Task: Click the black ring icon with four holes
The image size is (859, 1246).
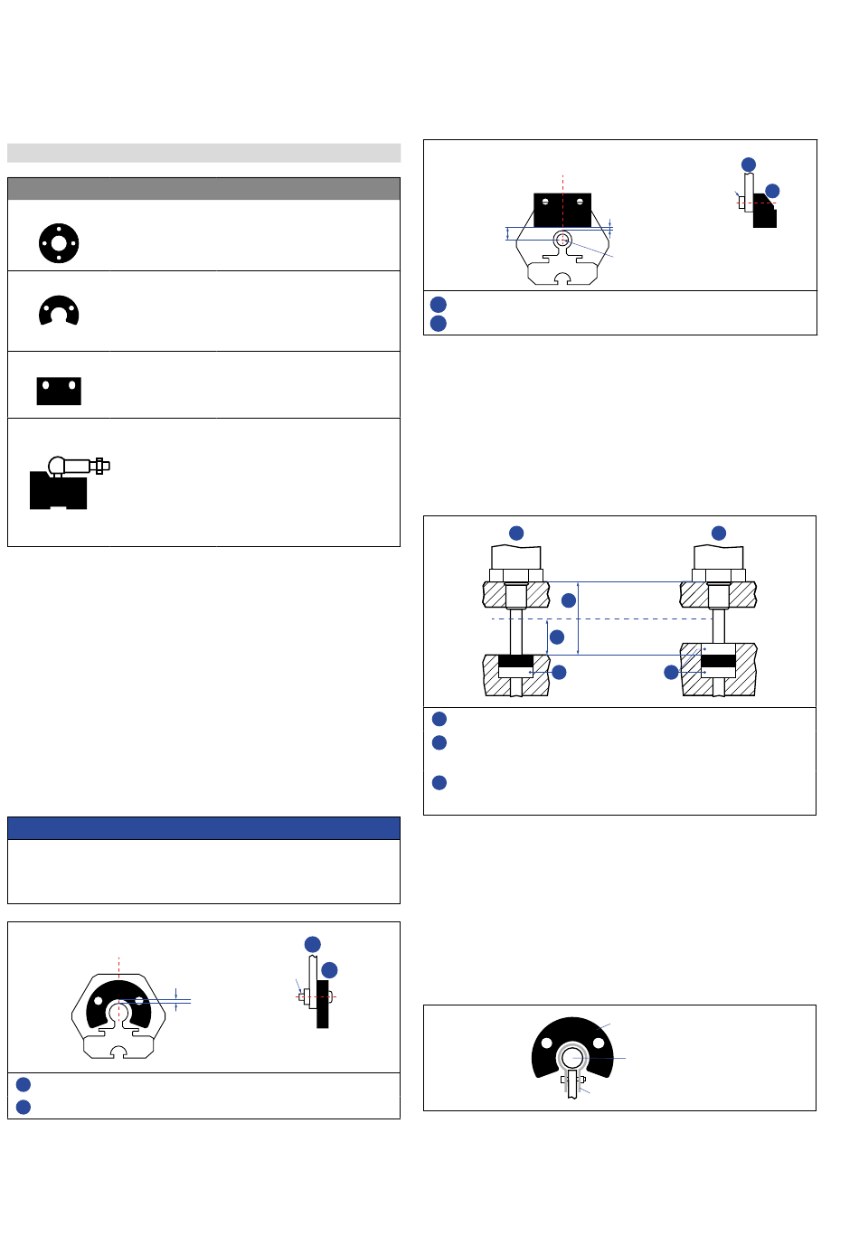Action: click(x=59, y=243)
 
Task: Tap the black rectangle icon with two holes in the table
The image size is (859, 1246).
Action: click(x=59, y=391)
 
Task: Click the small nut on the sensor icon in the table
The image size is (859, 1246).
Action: click(x=99, y=466)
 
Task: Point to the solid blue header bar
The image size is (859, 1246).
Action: click(x=203, y=828)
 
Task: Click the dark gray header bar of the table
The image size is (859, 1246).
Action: click(x=203, y=188)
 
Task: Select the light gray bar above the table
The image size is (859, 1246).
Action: click(x=203, y=153)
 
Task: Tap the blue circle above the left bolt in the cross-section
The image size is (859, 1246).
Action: click(x=516, y=533)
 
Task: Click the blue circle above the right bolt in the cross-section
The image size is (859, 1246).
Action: click(x=719, y=533)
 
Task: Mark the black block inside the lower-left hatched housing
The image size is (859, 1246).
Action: click(x=515, y=661)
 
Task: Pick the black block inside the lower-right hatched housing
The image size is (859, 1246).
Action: click(x=718, y=661)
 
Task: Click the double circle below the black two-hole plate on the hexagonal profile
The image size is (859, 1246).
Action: click(x=562, y=240)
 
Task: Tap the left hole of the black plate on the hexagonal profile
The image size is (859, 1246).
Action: click(x=545, y=202)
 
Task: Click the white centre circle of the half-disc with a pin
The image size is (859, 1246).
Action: click(x=571, y=1057)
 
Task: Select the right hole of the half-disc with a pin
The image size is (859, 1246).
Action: click(x=598, y=1043)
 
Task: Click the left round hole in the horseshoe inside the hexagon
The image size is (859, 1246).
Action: click(x=99, y=1001)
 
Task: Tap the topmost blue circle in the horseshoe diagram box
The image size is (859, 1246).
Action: click(x=313, y=944)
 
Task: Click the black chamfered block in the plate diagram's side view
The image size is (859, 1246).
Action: click(x=765, y=212)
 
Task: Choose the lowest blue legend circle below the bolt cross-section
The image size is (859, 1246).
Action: click(x=439, y=782)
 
